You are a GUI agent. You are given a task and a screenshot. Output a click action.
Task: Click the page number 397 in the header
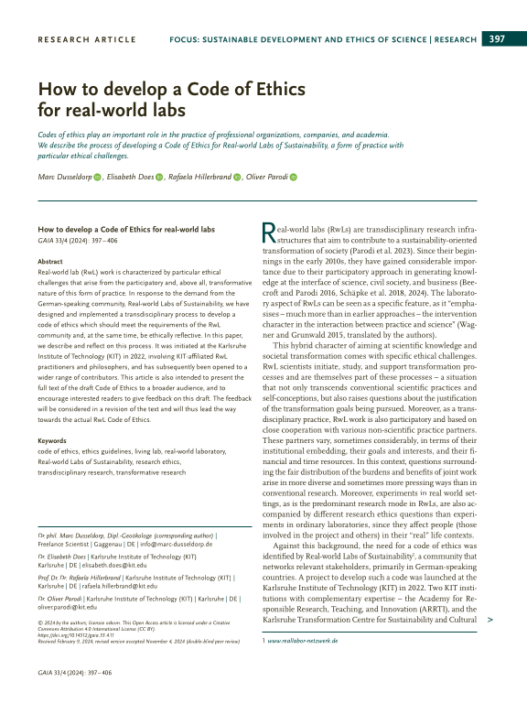pyautogui.click(x=497, y=38)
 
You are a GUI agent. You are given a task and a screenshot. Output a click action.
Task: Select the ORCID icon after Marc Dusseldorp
pyautogui.click(x=97, y=178)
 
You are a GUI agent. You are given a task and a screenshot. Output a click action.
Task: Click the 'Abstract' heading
pyautogui.click(x=50, y=261)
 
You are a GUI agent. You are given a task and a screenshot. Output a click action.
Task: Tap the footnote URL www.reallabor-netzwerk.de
pyautogui.click(x=303, y=641)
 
